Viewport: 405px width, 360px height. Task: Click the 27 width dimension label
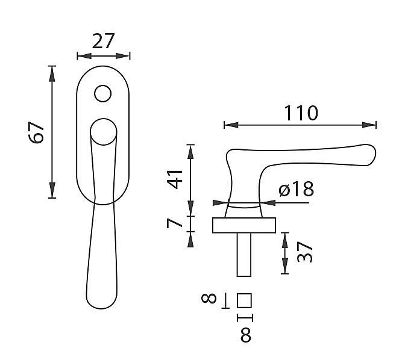point(103,41)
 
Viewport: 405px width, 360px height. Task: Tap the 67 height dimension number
point(36,132)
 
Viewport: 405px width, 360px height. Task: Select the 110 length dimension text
point(301,113)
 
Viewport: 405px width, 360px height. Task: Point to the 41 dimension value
point(175,179)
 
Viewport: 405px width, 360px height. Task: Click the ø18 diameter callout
point(297,189)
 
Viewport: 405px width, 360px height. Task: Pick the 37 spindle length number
point(305,252)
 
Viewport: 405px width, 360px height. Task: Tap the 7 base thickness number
point(174,223)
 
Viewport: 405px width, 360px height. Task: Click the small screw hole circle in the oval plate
point(103,93)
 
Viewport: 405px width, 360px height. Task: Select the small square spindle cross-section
point(244,300)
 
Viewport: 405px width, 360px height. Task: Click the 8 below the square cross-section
point(246,335)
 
